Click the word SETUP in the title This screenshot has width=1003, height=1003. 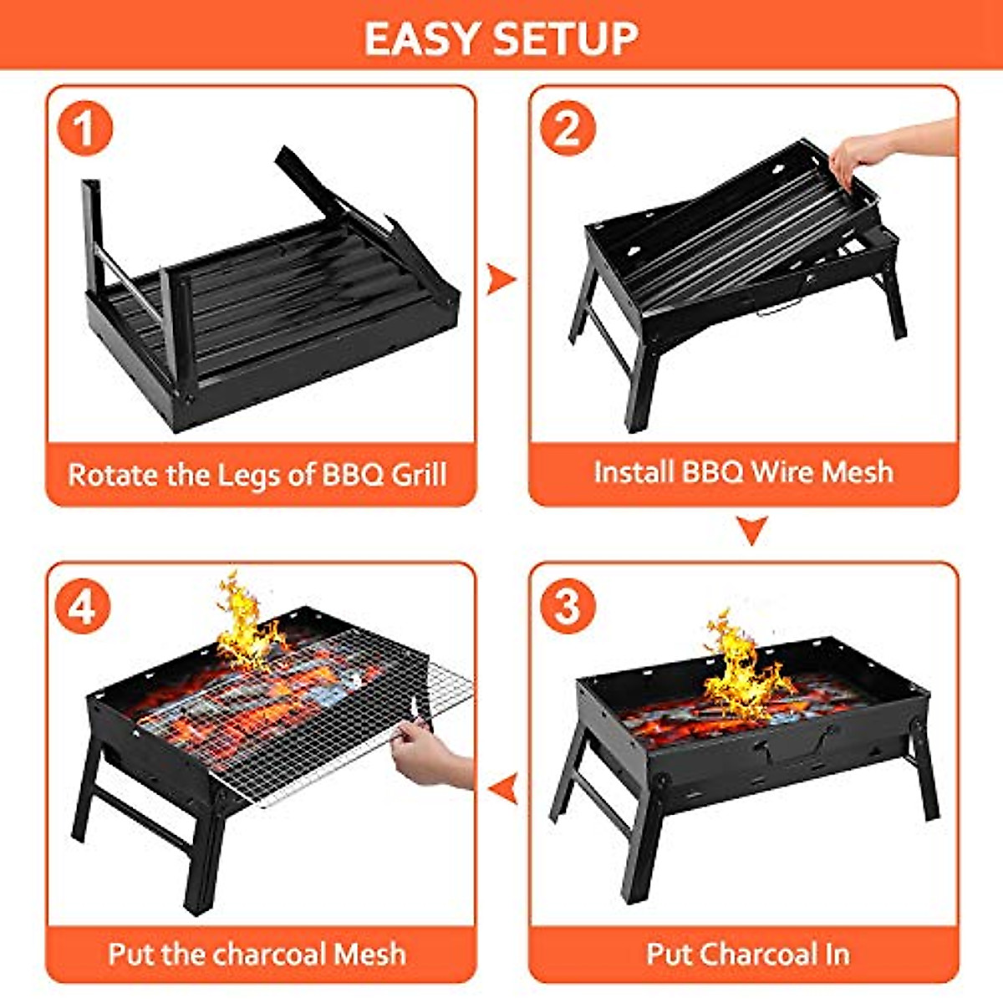tap(566, 38)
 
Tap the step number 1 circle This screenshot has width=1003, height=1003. tap(84, 130)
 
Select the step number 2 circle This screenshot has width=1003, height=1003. tap(568, 129)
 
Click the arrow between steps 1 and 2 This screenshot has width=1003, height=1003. tap(501, 278)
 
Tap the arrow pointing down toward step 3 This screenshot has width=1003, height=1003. tap(751, 530)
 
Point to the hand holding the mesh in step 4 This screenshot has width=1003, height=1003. tap(430, 752)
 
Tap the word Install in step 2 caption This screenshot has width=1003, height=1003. tap(634, 471)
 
